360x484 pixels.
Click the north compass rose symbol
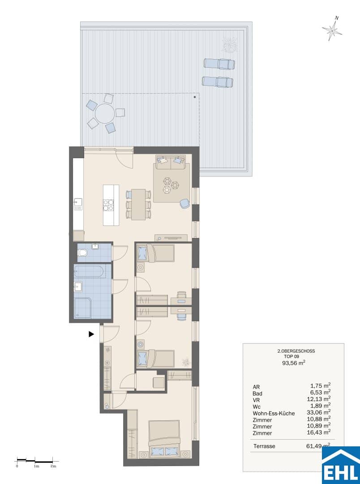pyautogui.click(x=332, y=29)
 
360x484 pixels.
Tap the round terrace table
pyautogui.click(x=105, y=113)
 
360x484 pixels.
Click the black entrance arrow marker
pyautogui.click(x=91, y=334)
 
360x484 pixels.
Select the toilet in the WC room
pyautogui.click(x=82, y=253)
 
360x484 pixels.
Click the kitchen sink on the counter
pyautogui.click(x=78, y=204)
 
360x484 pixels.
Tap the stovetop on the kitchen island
pyautogui.click(x=108, y=205)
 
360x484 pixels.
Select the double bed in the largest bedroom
pyautogui.click(x=164, y=438)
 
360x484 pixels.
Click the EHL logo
pyautogui.click(x=341, y=465)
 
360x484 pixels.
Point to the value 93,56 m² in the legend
pyautogui.click(x=294, y=363)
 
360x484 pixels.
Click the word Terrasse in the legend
pyautogui.click(x=264, y=446)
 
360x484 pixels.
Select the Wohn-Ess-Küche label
pyautogui.click(x=274, y=413)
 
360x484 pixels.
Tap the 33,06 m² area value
pyautogui.click(x=321, y=412)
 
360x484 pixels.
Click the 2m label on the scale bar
pyautogui.click(x=53, y=466)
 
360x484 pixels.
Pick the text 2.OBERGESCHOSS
pyautogui.click(x=296, y=351)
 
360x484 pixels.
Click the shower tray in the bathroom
pyautogui.click(x=82, y=308)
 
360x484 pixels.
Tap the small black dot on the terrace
pyautogui.click(x=195, y=97)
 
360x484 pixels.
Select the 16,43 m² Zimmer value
pyautogui.click(x=321, y=432)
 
